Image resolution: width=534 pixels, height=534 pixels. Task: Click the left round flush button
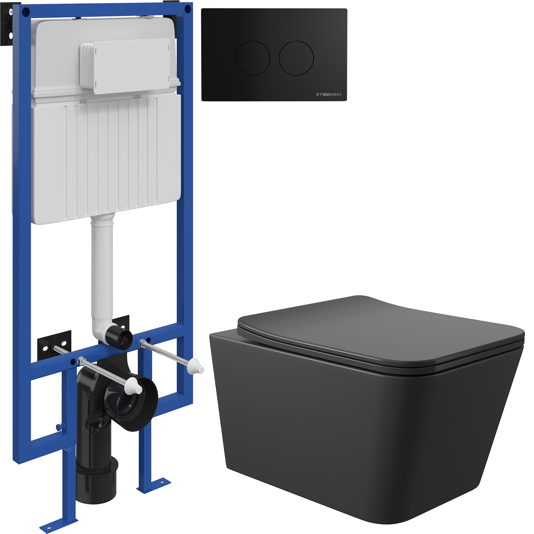(x=252, y=58)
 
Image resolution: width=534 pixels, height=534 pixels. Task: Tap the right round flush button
(x=296, y=58)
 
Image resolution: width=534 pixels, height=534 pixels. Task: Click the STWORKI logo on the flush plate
(x=328, y=95)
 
